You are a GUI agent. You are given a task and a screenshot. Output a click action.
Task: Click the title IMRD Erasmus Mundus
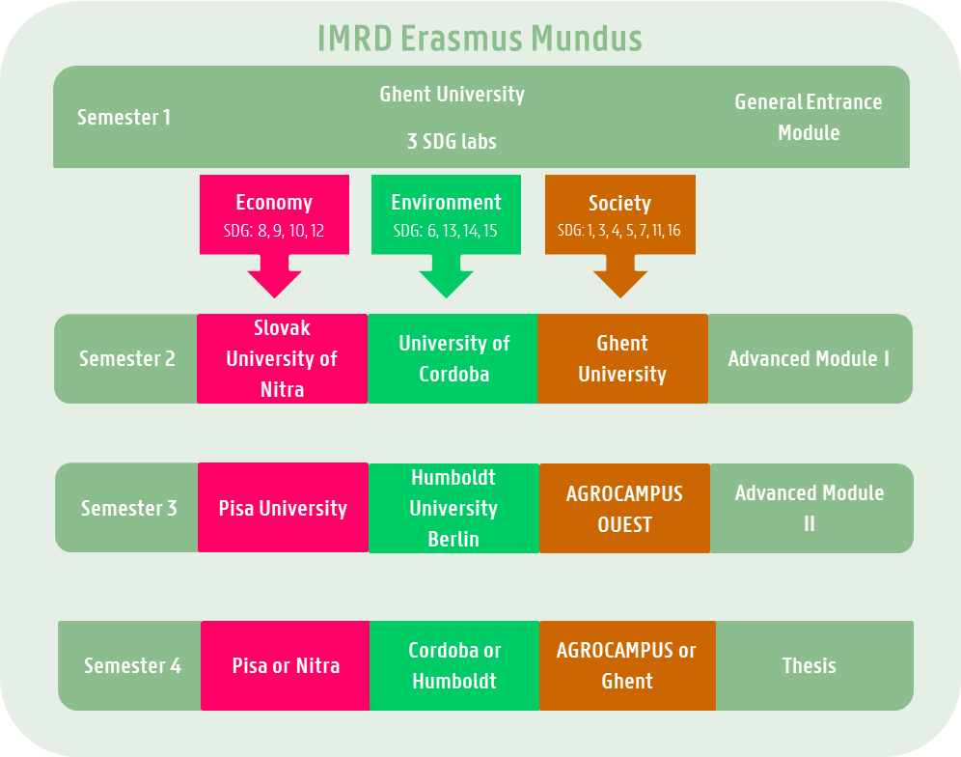480,39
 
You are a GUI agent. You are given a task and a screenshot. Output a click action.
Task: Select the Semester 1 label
124,118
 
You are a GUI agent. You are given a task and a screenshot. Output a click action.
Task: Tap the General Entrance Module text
809,117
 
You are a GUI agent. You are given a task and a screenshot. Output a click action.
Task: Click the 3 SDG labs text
452,141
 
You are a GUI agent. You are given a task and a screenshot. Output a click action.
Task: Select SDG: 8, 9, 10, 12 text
274,231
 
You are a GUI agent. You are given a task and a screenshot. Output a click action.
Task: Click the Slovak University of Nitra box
282,358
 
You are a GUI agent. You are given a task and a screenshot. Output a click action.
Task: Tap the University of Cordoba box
453,358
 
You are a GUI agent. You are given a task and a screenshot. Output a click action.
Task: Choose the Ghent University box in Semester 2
622,358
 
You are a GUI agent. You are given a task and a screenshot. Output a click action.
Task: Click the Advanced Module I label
809,358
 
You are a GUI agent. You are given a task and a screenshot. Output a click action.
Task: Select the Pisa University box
283,508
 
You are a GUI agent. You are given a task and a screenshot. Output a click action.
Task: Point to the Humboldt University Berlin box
453,508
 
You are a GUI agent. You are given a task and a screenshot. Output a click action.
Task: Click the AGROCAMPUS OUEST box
624,508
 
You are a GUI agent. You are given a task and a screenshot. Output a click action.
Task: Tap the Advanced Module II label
809,508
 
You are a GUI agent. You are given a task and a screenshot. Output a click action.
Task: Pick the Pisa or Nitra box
286,665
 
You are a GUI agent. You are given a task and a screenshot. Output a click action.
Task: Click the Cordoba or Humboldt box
453,665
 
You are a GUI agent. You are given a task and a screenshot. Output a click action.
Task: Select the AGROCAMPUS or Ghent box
627,665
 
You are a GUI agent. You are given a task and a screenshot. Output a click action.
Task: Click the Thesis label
809,665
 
